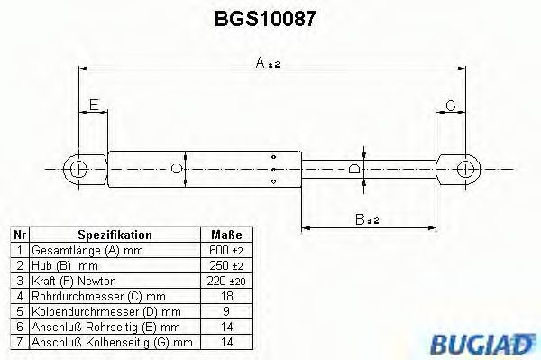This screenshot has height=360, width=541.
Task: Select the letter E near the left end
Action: tap(94, 106)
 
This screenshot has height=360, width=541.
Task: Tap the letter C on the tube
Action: tap(177, 168)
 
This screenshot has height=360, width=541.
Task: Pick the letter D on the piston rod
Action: tap(354, 168)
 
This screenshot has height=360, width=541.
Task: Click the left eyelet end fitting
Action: tap(79, 168)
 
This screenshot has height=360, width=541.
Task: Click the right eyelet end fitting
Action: tap(465, 168)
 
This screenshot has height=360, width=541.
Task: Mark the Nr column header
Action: tap(18, 235)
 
